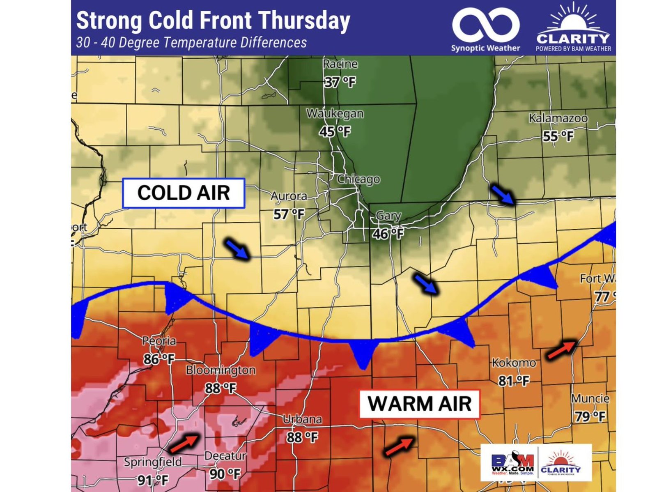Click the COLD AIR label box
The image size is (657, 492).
[x=184, y=193]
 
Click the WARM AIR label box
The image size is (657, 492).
[x=419, y=404]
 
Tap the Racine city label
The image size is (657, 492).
[x=340, y=64]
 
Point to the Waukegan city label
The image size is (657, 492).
[x=335, y=113]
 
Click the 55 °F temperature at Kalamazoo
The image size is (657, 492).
[x=558, y=136]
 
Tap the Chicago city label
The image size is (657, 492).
[x=358, y=179]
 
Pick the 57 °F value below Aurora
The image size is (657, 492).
[x=289, y=214]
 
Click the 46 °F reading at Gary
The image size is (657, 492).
[x=388, y=234]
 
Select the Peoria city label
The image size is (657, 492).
[x=159, y=341]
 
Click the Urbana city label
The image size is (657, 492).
[x=302, y=419]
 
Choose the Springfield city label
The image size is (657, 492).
[x=153, y=462]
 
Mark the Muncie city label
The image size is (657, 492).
[x=590, y=398]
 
